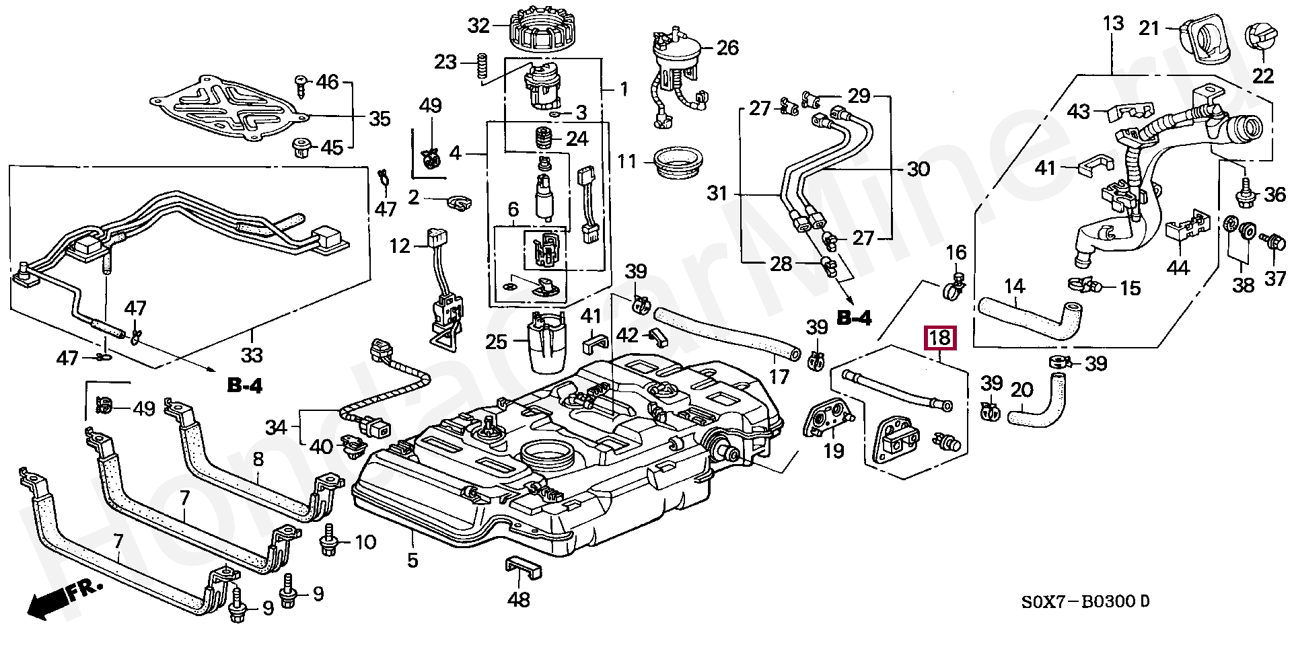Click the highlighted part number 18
pyautogui.click(x=939, y=337)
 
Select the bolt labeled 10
pyautogui.click(x=330, y=541)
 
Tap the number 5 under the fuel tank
pyautogui.click(x=412, y=560)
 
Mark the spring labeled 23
pyautogui.click(x=482, y=69)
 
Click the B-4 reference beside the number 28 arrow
pyautogui.click(x=853, y=318)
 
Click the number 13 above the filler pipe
pyautogui.click(x=1113, y=24)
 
